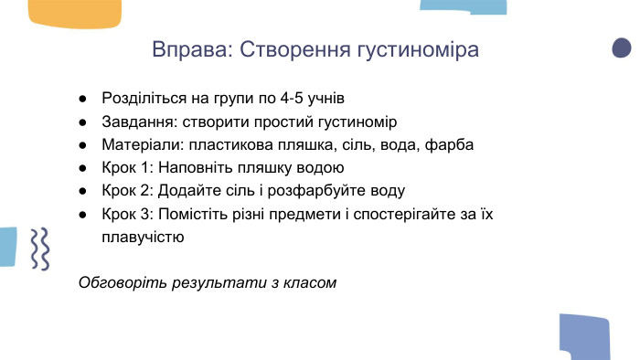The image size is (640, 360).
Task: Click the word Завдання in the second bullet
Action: (x=135, y=121)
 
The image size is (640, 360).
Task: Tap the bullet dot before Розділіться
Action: (x=82, y=98)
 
